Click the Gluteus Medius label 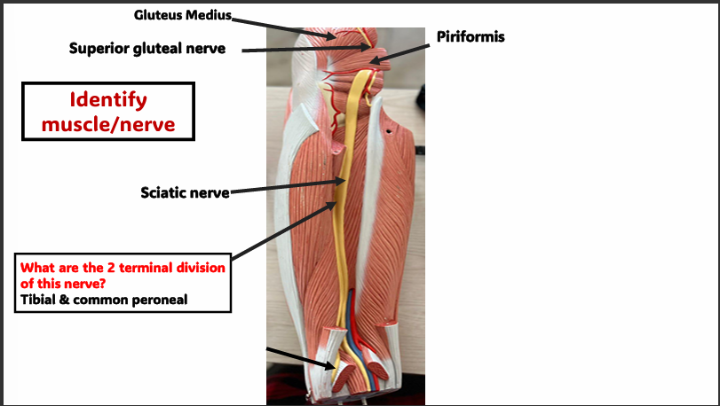[x=182, y=15]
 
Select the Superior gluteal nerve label [x=147, y=49]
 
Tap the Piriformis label [x=471, y=36]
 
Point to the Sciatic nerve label [x=184, y=191]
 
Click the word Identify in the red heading [x=108, y=100]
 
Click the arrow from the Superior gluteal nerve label [x=293, y=50]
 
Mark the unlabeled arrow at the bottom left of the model [x=300, y=358]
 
